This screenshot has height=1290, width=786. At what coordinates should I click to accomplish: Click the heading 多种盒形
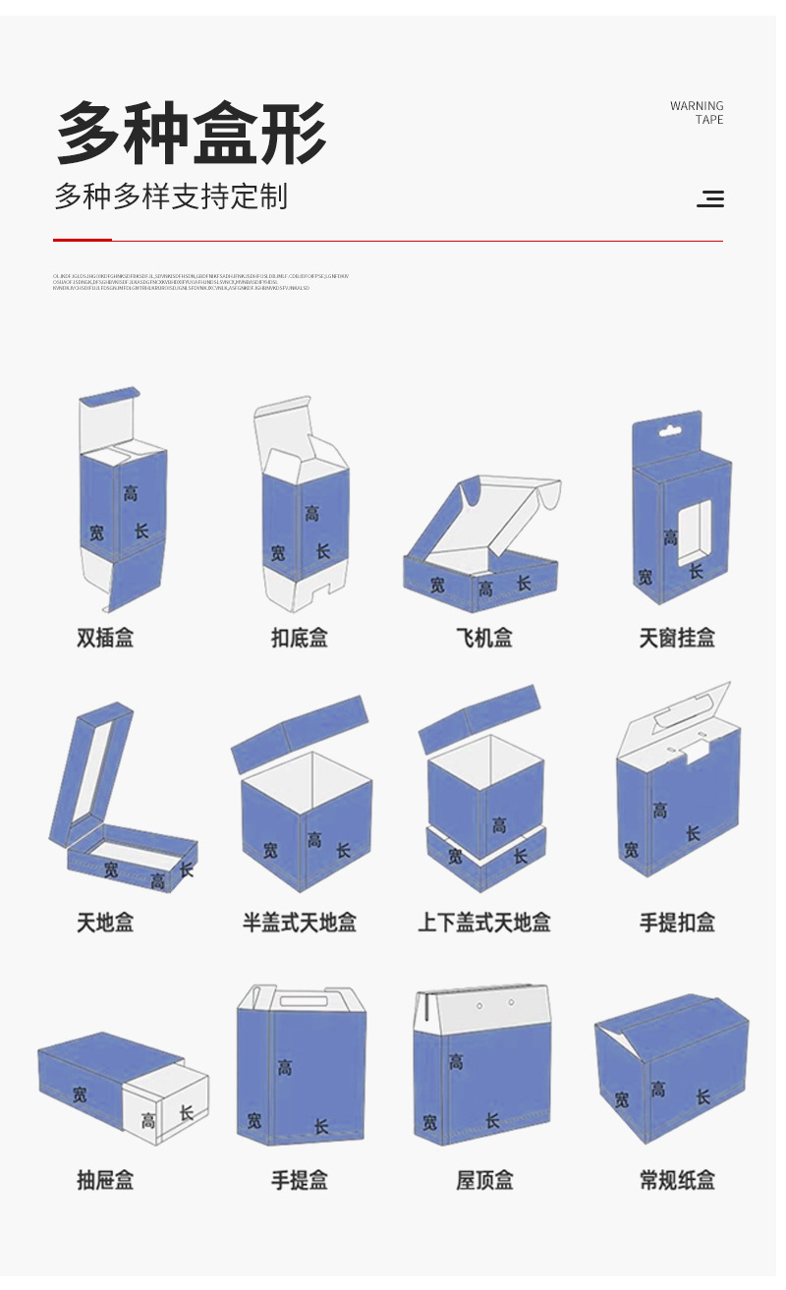click(x=191, y=134)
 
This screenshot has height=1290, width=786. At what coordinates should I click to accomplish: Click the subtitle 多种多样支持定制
click(x=171, y=196)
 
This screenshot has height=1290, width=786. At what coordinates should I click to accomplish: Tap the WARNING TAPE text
click(x=697, y=113)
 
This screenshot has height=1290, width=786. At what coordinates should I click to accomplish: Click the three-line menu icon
click(x=710, y=199)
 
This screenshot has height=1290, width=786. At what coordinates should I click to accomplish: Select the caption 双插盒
click(x=105, y=639)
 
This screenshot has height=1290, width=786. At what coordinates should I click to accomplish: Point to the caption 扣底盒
click(x=300, y=639)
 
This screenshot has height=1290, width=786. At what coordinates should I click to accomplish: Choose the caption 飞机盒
click(x=484, y=639)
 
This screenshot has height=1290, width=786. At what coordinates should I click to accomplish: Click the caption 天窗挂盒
click(x=677, y=639)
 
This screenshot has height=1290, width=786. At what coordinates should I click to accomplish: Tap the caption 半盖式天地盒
click(x=300, y=923)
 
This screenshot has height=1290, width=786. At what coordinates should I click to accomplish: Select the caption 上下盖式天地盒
click(x=484, y=923)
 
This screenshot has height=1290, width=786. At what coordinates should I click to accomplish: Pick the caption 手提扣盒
click(x=677, y=923)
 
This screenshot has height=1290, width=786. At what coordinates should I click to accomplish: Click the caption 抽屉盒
click(x=105, y=1180)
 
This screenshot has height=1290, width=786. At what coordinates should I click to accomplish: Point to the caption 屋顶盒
click(x=484, y=1180)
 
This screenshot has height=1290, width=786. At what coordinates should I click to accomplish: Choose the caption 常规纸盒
click(x=677, y=1180)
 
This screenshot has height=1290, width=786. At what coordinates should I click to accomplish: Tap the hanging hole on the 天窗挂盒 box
click(x=669, y=428)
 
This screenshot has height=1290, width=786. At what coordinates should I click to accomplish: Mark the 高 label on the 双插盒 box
click(x=131, y=493)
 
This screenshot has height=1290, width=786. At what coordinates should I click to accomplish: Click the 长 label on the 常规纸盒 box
click(x=703, y=1096)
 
